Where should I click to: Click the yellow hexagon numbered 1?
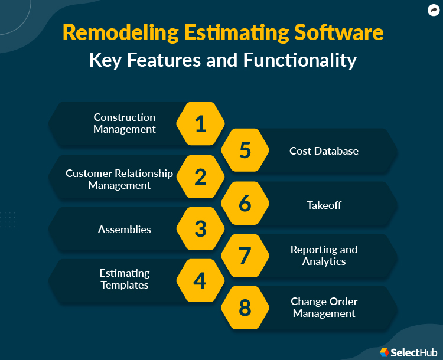click(200, 124)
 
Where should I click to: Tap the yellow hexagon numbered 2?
click(200, 177)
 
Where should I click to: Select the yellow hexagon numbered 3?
click(200, 229)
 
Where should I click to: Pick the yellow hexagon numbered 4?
click(200, 281)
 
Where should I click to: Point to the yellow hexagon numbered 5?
click(245, 150)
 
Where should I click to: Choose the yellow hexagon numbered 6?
click(245, 203)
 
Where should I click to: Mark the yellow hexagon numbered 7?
click(245, 256)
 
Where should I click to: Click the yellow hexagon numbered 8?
click(245, 307)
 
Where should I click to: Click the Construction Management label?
click(125, 123)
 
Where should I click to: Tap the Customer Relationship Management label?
click(119, 179)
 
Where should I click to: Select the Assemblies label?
click(125, 230)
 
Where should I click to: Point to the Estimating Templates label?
click(125, 279)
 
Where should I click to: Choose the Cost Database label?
click(324, 151)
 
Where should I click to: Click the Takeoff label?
click(324, 205)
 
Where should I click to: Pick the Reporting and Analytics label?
click(324, 256)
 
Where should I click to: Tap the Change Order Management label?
click(324, 307)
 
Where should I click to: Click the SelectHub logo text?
click(411, 352)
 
